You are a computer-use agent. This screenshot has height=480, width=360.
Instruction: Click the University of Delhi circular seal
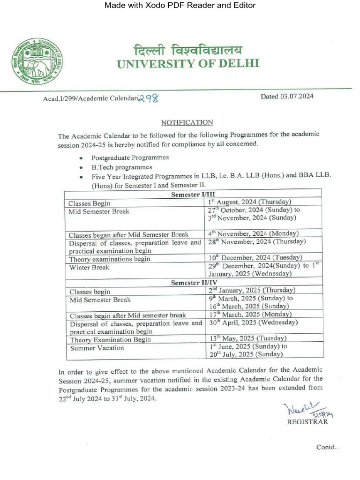coord(37,61)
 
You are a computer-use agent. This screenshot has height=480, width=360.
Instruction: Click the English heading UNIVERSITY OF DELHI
coord(187,64)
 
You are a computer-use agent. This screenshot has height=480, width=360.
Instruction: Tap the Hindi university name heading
coord(188,49)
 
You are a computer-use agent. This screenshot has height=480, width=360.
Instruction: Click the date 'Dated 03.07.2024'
coord(287,97)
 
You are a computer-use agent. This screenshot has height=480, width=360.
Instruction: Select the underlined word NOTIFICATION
coord(187,122)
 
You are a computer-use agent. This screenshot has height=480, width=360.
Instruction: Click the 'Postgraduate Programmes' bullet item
coord(130,157)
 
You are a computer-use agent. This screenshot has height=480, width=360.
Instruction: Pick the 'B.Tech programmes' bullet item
coord(121,167)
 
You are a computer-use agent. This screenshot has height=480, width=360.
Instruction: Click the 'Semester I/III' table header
coord(193,195)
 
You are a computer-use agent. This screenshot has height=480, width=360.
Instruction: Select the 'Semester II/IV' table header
coord(193,283)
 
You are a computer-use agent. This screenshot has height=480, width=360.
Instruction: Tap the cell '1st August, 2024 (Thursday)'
coord(250,202)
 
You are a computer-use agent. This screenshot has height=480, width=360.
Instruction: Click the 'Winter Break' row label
coord(89,267)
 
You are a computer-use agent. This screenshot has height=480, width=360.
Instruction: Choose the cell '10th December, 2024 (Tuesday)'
coord(255,258)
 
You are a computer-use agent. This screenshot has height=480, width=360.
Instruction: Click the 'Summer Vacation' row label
coord(97,348)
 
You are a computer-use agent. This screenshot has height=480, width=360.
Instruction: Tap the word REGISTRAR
coord(307,421)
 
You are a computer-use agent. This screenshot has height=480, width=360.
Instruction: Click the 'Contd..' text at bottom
coord(327,447)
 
